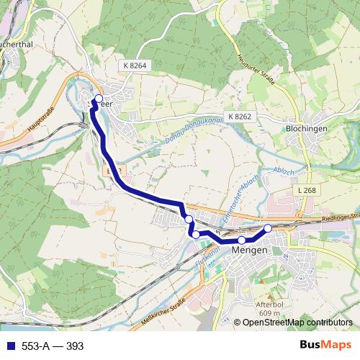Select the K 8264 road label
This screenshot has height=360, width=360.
(135, 66)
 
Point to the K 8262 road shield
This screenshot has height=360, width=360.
(240, 116)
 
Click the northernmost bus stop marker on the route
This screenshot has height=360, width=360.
(99, 99)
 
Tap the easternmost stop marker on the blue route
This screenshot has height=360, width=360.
(269, 228)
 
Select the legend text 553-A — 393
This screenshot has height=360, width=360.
(53, 346)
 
